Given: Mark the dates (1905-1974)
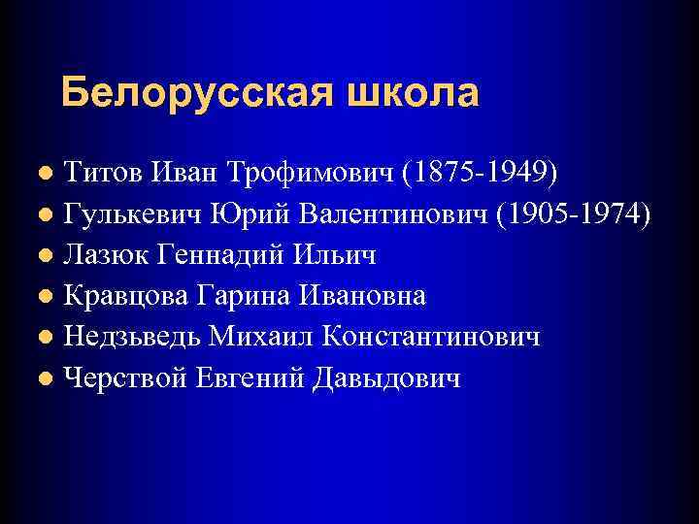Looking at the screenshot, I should [x=573, y=213].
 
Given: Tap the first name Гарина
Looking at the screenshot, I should [x=246, y=295].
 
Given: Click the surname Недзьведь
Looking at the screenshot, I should [x=133, y=336].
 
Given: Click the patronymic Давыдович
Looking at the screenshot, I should [x=388, y=377].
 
